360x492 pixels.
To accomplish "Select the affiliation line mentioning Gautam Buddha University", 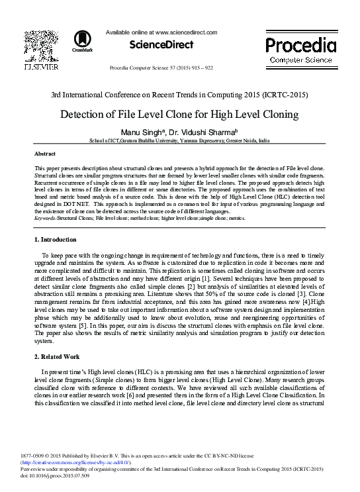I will (x=179, y=141).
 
